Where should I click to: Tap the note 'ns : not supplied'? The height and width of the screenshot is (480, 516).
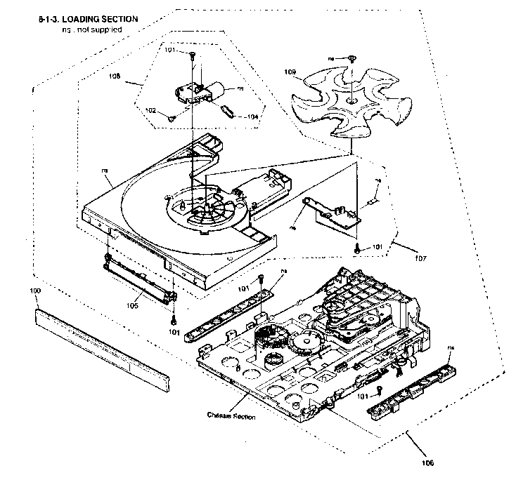(91, 29)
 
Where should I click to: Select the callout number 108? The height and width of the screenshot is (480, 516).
(115, 75)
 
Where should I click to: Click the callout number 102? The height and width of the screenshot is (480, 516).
(150, 110)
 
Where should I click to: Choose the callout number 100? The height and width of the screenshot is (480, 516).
(36, 290)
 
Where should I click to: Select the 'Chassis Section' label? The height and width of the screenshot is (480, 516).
(231, 416)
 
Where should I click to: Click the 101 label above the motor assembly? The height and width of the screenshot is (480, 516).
(170, 51)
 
